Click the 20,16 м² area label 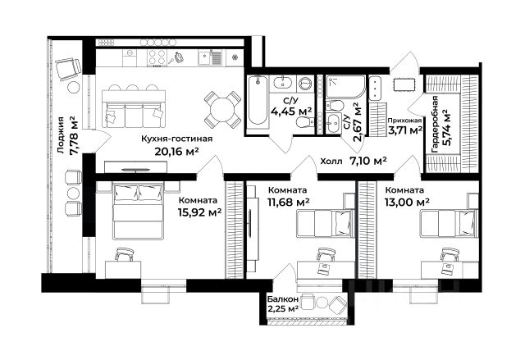177,152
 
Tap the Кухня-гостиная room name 177,139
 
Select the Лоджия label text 61,135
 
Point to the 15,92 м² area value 200,212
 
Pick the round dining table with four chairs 222,110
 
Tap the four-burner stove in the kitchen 157,57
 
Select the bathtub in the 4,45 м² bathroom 258,101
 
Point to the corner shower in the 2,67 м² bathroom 345,86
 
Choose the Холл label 331,162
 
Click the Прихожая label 404,121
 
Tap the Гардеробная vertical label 435,124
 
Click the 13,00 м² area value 407,202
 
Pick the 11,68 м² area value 288,202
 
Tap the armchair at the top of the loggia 68,69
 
